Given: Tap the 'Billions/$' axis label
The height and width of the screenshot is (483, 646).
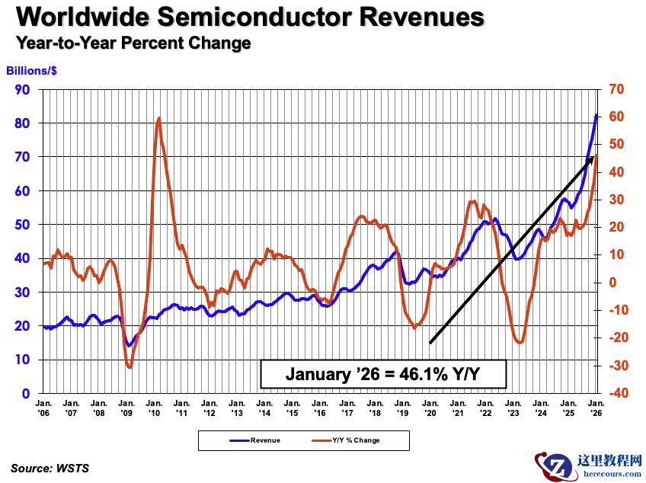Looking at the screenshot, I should [32, 71].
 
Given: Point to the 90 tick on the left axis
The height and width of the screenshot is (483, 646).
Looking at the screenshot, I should [24, 89].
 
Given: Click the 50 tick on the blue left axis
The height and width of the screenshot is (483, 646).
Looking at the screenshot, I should [24, 225].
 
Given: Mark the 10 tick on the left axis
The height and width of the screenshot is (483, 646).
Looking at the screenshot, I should [24, 360].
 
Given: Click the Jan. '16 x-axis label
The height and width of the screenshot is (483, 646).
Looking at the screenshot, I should [320, 407].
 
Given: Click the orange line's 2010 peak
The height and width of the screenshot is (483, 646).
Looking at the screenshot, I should [158, 118].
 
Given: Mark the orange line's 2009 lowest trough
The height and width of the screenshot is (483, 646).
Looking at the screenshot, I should [129, 367].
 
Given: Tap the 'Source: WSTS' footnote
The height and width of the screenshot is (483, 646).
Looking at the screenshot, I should [50, 468].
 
